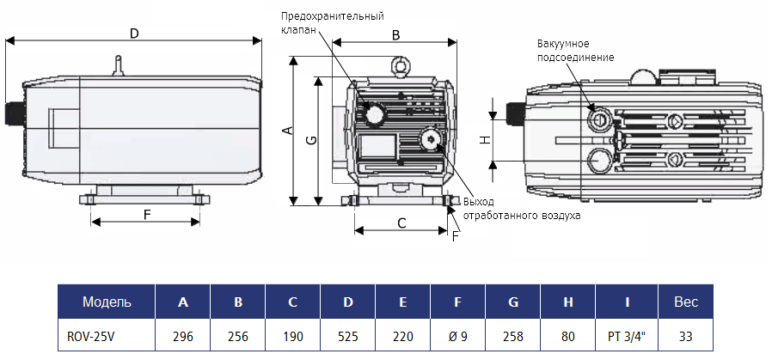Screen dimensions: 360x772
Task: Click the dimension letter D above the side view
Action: click(x=134, y=33)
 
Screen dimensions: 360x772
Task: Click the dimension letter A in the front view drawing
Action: click(x=288, y=130)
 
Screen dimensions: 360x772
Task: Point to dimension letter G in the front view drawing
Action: click(x=311, y=139)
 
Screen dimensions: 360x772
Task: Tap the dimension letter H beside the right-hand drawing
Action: click(x=485, y=139)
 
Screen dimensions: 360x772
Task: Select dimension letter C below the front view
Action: click(x=401, y=223)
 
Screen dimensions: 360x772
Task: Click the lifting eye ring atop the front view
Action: click(x=398, y=64)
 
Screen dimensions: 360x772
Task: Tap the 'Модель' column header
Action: click(x=106, y=302)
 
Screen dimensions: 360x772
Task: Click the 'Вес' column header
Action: click(x=685, y=302)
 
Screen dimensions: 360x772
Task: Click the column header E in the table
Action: click(x=403, y=302)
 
